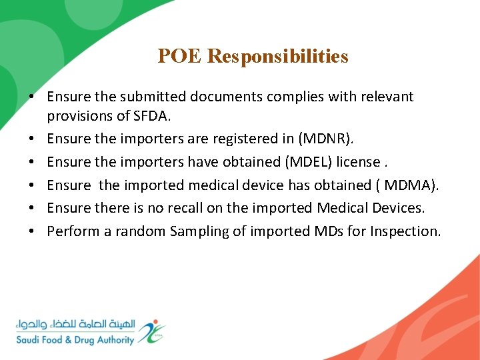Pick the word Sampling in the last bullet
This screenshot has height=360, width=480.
[x=198, y=231]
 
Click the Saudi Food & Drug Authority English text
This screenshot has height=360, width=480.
[x=75, y=339]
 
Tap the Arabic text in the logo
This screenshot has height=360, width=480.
[x=75, y=325]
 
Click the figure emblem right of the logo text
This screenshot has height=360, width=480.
[x=152, y=331]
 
